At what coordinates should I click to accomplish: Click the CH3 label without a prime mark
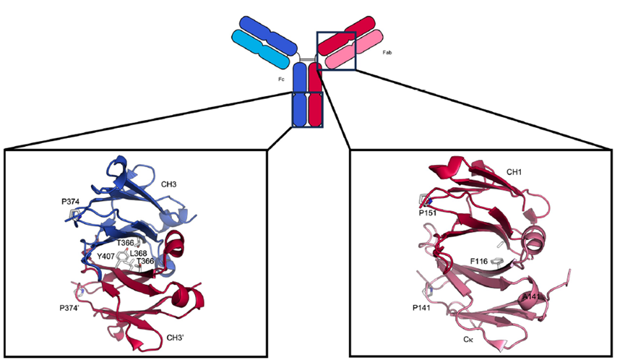(x=168, y=184)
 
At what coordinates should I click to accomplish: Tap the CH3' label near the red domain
(x=175, y=338)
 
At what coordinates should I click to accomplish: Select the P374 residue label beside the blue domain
(x=70, y=202)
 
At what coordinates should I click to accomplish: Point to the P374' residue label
(x=69, y=308)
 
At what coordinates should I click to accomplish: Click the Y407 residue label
(x=105, y=256)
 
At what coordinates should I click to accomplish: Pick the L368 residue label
(x=138, y=254)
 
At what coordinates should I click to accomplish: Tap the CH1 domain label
(x=514, y=172)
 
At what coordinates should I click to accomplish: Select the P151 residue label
(x=427, y=213)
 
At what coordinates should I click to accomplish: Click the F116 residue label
(x=479, y=262)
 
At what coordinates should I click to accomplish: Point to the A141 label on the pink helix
(x=531, y=297)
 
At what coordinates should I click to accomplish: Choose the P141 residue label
(x=421, y=308)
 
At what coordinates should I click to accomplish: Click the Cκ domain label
(x=468, y=339)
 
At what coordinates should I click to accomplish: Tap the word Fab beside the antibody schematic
(x=387, y=53)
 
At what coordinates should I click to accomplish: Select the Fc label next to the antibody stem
(x=281, y=80)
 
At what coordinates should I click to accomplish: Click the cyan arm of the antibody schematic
(x=260, y=49)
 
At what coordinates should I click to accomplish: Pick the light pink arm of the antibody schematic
(x=354, y=49)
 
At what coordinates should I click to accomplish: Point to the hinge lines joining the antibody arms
(x=306, y=60)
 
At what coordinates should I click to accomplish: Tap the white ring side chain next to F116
(x=497, y=261)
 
